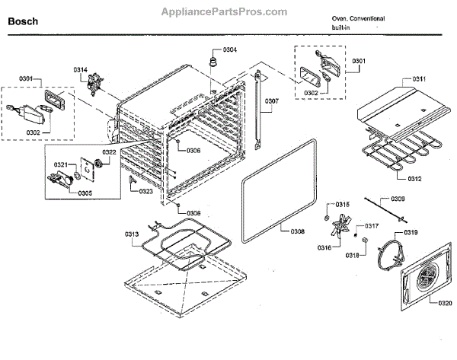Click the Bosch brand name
pyautogui.click(x=23, y=22)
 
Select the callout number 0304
pyautogui.click(x=229, y=49)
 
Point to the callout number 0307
pyautogui.click(x=272, y=100)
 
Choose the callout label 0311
pyautogui.click(x=418, y=79)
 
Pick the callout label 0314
pyautogui.click(x=81, y=70)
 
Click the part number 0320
pyautogui.click(x=445, y=303)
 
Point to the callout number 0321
pyautogui.click(x=61, y=164)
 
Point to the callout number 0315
pyautogui.click(x=343, y=205)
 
